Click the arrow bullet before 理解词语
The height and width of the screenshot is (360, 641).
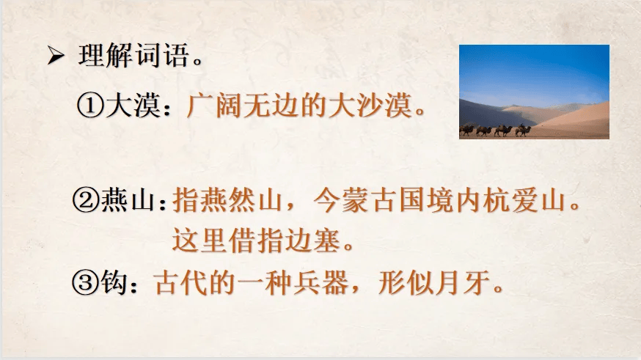(56, 56)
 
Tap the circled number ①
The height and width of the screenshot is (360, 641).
(90, 106)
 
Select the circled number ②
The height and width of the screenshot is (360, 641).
(85, 199)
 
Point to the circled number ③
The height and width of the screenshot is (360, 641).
(85, 282)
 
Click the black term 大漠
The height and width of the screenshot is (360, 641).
(132, 106)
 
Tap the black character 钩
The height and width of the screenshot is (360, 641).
(113, 282)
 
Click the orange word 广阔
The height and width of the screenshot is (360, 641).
(213, 106)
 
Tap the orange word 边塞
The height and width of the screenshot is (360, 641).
(312, 240)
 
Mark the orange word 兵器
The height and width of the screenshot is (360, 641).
(321, 282)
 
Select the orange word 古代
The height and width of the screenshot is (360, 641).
(182, 282)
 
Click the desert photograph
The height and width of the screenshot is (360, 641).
(535, 92)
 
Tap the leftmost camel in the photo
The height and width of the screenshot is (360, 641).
(466, 130)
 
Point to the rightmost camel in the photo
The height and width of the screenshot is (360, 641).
(523, 130)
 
